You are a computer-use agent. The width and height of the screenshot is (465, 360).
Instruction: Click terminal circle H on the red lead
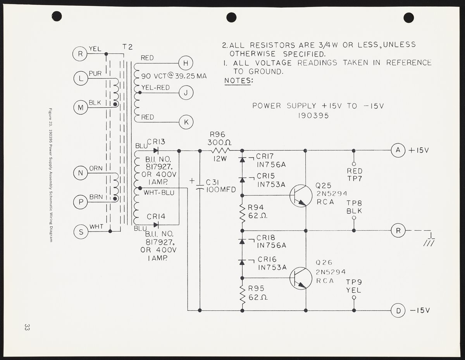click(x=186, y=63)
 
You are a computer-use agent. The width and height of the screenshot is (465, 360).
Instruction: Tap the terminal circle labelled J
click(x=186, y=93)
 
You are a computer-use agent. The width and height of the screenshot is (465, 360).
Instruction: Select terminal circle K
click(x=186, y=122)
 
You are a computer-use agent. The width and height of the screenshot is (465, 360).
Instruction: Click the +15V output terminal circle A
click(x=398, y=150)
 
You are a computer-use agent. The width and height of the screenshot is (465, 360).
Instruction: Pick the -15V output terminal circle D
click(x=398, y=310)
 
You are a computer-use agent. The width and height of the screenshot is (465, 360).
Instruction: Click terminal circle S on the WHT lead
click(x=81, y=231)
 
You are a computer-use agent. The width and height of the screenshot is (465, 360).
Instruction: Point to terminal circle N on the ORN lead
click(x=81, y=173)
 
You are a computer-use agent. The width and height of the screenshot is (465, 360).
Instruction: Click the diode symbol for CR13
click(x=156, y=150)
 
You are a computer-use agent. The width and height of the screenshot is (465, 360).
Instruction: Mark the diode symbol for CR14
click(x=156, y=224)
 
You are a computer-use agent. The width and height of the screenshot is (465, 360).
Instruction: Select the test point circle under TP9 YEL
click(x=354, y=298)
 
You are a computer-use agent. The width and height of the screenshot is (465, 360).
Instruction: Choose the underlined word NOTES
click(x=238, y=81)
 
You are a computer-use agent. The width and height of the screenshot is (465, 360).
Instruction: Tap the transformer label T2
click(x=127, y=47)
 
